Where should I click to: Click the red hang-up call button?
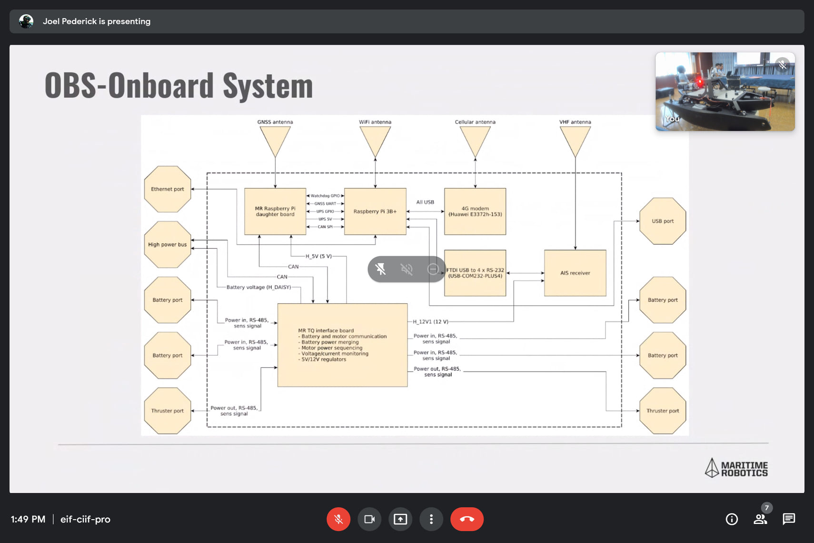(467, 519)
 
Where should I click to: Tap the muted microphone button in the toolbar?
(338, 519)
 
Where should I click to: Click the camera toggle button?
(369, 519)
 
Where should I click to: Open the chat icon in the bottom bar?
(789, 519)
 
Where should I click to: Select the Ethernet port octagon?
(168, 189)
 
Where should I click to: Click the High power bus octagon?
(168, 244)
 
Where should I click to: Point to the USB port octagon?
(663, 221)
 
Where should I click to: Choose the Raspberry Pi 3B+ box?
(375, 211)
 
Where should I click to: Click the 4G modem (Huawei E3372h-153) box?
(475, 211)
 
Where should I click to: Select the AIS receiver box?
(575, 273)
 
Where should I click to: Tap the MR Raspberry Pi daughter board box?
(275, 211)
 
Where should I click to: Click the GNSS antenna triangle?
(275, 140)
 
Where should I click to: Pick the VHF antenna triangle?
(575, 140)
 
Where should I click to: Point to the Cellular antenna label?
(475, 122)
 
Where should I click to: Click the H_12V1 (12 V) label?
(430, 322)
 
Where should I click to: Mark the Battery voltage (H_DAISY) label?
(258, 287)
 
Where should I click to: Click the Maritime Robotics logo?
(736, 468)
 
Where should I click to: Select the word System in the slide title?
(268, 86)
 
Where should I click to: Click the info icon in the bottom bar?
(732, 519)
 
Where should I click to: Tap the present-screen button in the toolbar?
(400, 519)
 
